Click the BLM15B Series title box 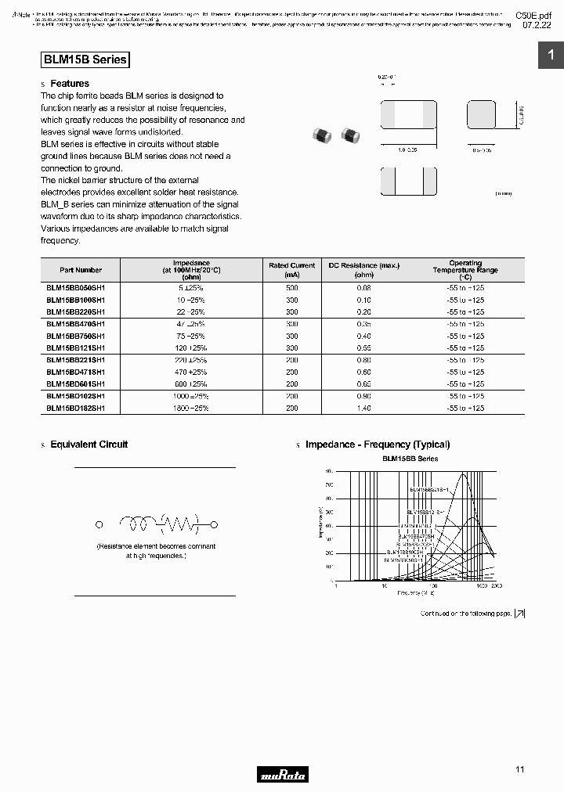[x=84, y=59]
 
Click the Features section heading [x=70, y=84]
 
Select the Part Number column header [x=81, y=270]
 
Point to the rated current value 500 [x=292, y=288]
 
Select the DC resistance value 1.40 [x=363, y=408]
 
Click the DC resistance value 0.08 [x=363, y=288]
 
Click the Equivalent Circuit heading [x=89, y=445]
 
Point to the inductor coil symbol [x=139, y=524]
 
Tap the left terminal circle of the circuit [x=99, y=525]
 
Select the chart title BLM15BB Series [x=410, y=459]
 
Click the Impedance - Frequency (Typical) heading [x=378, y=445]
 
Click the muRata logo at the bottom [x=283, y=776]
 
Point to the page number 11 [x=519, y=770]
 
